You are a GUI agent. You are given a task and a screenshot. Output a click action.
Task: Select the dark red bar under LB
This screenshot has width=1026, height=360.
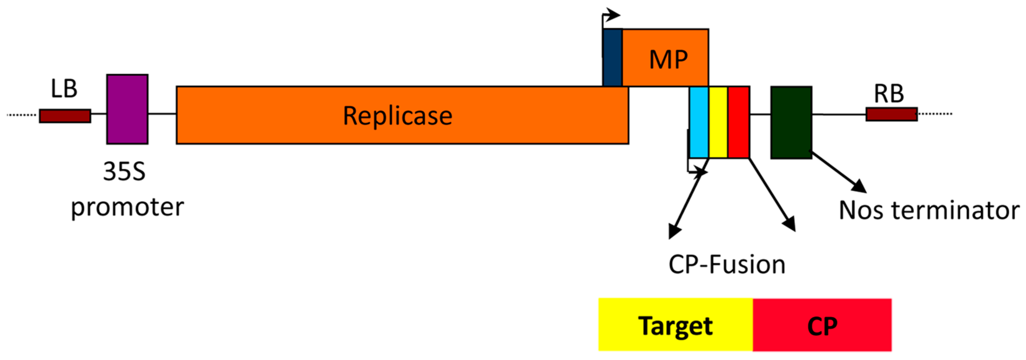pos(65,116)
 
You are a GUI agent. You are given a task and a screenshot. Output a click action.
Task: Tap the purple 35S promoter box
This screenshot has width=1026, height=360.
pos(127,109)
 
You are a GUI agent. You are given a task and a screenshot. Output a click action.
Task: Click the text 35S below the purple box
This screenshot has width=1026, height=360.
pos(124,172)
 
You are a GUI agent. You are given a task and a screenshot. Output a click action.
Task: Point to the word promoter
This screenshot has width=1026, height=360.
pos(127,208)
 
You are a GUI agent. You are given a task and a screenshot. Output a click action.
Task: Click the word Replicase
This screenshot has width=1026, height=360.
pos(397,116)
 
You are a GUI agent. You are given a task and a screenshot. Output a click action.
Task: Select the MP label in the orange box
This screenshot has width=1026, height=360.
pos(668,60)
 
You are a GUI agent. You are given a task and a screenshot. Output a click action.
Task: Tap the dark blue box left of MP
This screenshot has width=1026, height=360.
pos(612,57)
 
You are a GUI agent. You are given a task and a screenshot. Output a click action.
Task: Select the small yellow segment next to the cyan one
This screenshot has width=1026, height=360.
pos(718,122)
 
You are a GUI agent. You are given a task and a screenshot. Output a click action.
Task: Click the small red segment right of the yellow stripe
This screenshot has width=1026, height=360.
pos(738,122)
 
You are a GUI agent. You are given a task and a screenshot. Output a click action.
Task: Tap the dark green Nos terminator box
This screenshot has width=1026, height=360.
pos(791,122)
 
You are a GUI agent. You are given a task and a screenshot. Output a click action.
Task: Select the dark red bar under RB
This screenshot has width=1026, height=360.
pos(892,114)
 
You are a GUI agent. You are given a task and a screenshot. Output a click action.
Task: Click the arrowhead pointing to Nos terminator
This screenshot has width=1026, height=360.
pos(860,186)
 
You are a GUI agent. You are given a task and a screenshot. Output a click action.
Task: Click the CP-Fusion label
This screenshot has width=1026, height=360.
pos(727,265)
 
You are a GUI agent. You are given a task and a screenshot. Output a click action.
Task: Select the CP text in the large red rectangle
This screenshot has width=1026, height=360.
pos(822,326)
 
